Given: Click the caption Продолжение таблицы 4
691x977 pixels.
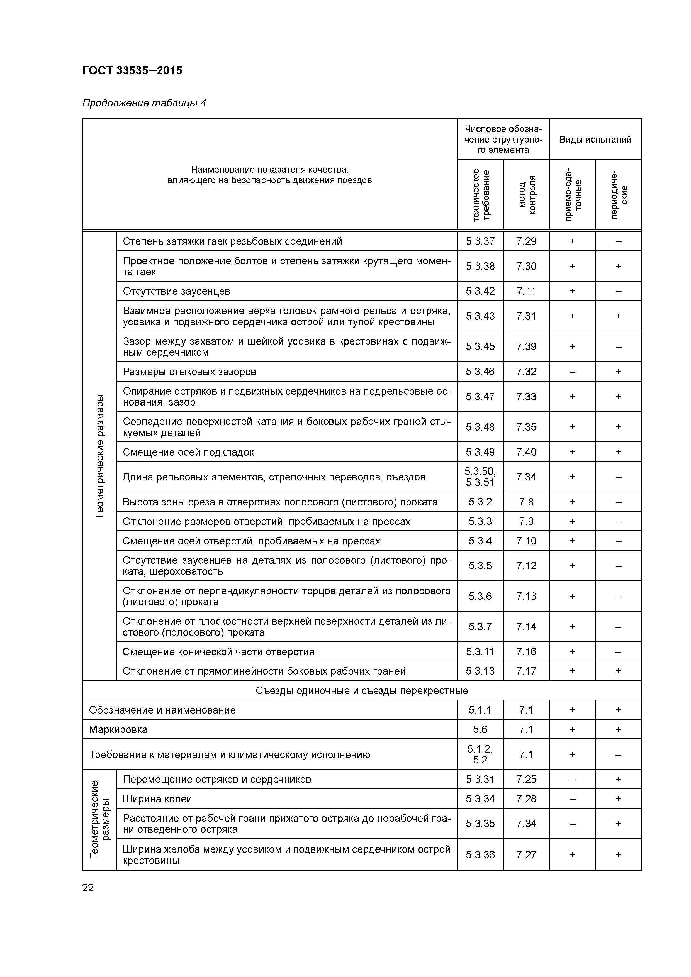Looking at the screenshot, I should pos(144,103).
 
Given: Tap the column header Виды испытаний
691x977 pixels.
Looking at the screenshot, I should pos(595,140).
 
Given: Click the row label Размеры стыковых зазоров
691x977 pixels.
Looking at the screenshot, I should pos(189,372).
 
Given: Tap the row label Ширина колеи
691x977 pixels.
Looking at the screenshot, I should pos(157,799).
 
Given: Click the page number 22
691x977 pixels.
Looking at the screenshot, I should pos(88,888).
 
